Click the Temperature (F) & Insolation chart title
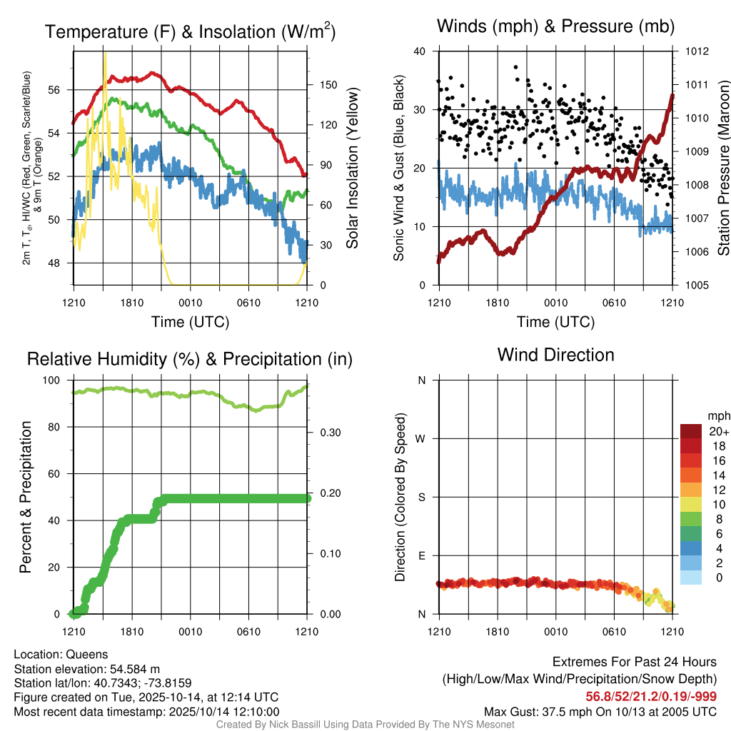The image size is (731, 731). tap(190, 32)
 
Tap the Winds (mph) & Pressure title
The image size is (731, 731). tap(555, 27)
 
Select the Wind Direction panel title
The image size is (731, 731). tap(555, 355)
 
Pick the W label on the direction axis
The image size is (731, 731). tap(421, 438)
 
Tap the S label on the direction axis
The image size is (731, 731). tap(421, 497)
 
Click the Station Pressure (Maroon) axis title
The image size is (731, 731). tap(722, 168)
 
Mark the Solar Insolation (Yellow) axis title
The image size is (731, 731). tap(352, 168)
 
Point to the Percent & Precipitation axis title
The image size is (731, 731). tap(25, 497)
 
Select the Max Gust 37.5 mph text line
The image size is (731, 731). tap(600, 711)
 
